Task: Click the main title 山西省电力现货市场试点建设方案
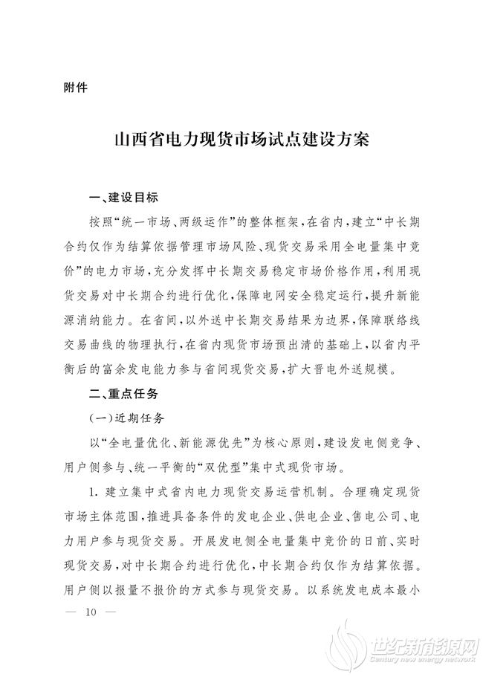tap(241, 140)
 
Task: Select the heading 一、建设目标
tap(123, 199)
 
